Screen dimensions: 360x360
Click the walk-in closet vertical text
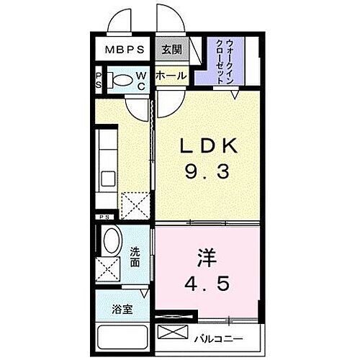pos(225,62)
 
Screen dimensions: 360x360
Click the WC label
pos(142,81)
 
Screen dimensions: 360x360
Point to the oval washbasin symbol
pos(112,240)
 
